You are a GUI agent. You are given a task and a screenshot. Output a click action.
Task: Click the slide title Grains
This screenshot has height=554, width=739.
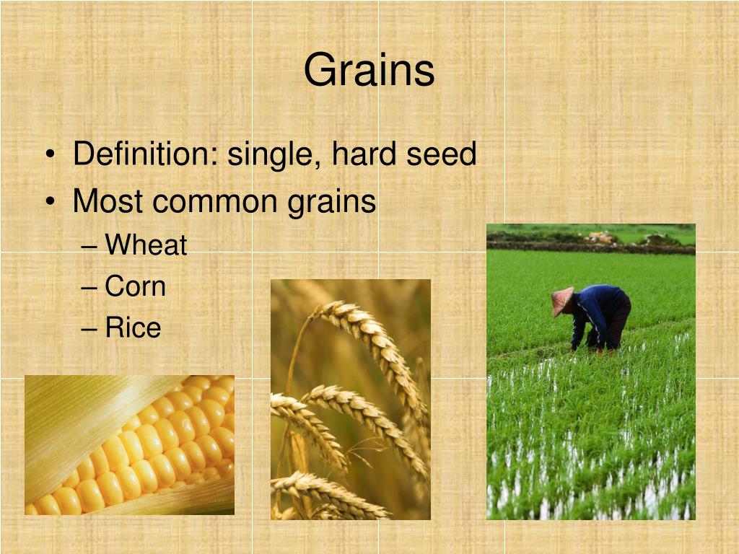[369, 71]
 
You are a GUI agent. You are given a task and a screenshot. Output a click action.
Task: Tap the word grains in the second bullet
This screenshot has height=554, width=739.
[332, 202]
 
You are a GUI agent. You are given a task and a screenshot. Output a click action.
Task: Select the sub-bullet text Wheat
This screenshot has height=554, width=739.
[146, 246]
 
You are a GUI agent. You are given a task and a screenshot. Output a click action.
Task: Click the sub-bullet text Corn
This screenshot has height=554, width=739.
[135, 287]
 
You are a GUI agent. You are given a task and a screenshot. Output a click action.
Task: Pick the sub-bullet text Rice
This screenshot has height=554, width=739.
[133, 328]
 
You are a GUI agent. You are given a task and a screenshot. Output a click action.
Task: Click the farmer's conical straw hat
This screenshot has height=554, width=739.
[561, 300]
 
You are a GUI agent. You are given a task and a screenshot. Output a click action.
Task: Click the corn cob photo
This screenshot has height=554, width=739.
[129, 445]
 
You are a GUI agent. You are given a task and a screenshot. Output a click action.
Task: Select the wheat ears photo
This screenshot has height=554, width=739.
[350, 400]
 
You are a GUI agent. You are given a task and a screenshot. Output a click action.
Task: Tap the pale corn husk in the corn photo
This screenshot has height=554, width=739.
[72, 418]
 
